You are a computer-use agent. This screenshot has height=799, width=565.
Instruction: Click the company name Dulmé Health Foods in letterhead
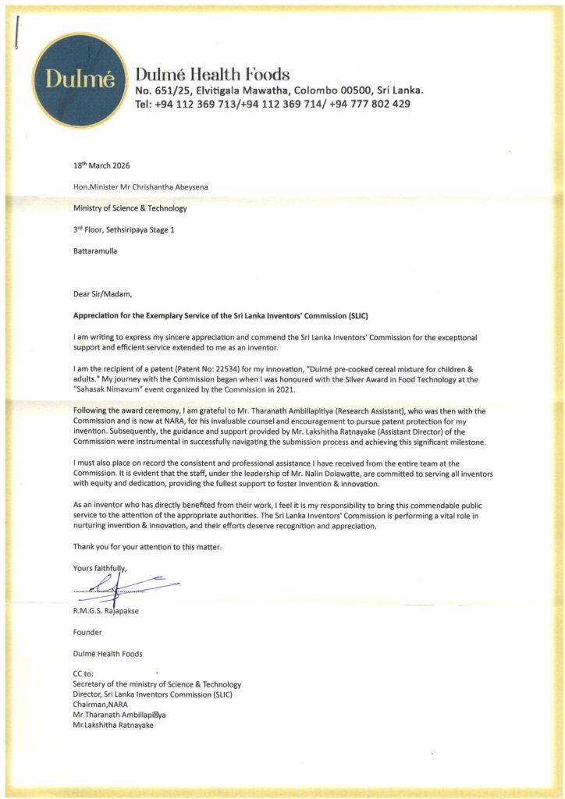click(x=212, y=75)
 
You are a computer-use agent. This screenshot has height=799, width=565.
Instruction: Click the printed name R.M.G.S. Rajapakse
click(x=105, y=611)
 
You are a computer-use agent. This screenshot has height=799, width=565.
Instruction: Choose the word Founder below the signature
click(x=87, y=632)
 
